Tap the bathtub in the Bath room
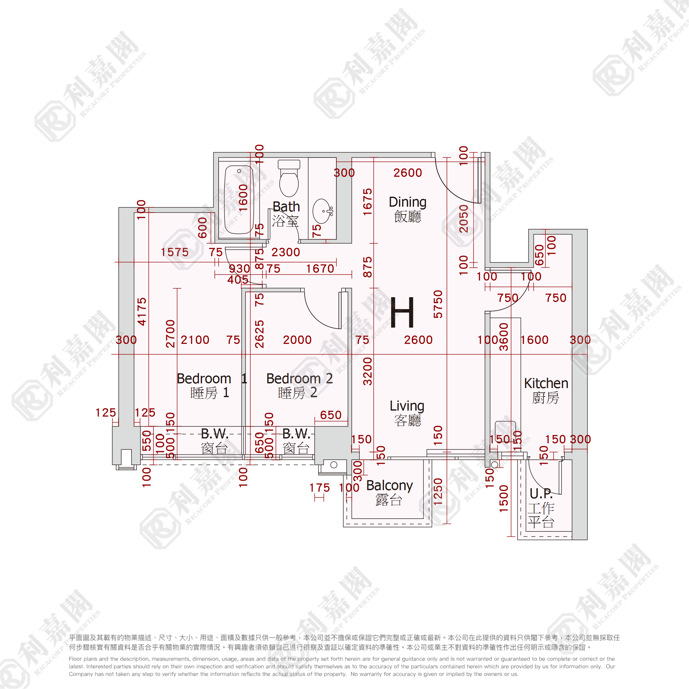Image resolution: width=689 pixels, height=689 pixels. (x=239, y=200)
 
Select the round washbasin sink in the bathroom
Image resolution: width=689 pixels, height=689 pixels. (x=322, y=211)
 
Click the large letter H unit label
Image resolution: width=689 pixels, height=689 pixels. (x=402, y=313)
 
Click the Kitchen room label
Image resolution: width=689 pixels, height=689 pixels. (x=546, y=383)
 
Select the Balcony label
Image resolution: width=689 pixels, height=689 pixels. (x=389, y=485)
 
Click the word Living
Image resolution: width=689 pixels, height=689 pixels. (x=407, y=406)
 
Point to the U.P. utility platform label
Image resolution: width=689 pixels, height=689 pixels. (x=541, y=494)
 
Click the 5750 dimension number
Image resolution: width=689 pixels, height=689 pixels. (x=438, y=304)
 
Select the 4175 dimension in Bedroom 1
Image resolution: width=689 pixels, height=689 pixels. (x=142, y=311)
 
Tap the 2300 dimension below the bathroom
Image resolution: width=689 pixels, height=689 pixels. (x=286, y=252)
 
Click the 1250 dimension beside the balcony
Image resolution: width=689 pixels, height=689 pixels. (x=438, y=491)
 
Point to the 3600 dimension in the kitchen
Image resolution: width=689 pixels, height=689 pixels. (x=504, y=337)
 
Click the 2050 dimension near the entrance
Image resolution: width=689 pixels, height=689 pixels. (x=463, y=219)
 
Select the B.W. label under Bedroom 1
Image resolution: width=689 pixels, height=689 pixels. (x=215, y=434)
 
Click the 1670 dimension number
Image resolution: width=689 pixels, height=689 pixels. (x=320, y=268)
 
